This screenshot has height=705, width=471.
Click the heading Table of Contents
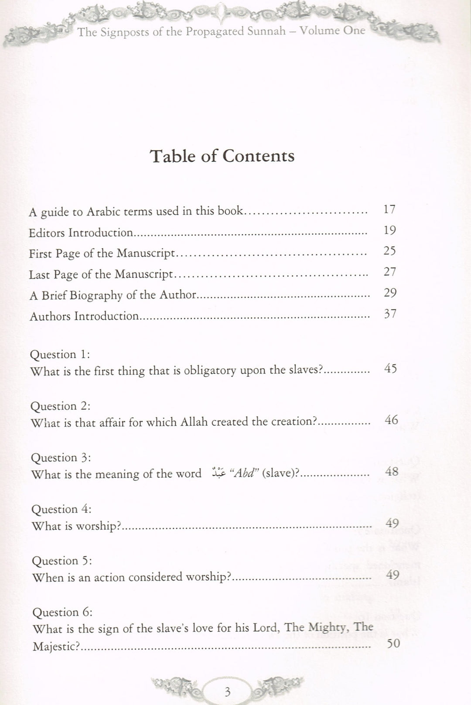tap(222, 156)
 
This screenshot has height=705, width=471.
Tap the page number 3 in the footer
tap(227, 691)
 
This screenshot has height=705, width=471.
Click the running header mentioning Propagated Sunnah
tap(222, 31)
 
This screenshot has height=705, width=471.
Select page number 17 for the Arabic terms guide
tap(389, 209)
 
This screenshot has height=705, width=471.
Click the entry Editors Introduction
tap(81, 233)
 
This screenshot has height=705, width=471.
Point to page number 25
tap(389, 251)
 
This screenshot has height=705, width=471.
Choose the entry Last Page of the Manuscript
tap(101, 274)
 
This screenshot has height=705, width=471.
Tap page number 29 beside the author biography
tap(390, 293)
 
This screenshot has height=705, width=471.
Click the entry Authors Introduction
tap(84, 316)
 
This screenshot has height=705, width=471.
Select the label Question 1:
tap(60, 354)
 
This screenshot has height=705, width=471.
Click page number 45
tap(391, 369)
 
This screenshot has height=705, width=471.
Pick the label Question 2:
tap(61, 406)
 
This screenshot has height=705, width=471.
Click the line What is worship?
tap(76, 526)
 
